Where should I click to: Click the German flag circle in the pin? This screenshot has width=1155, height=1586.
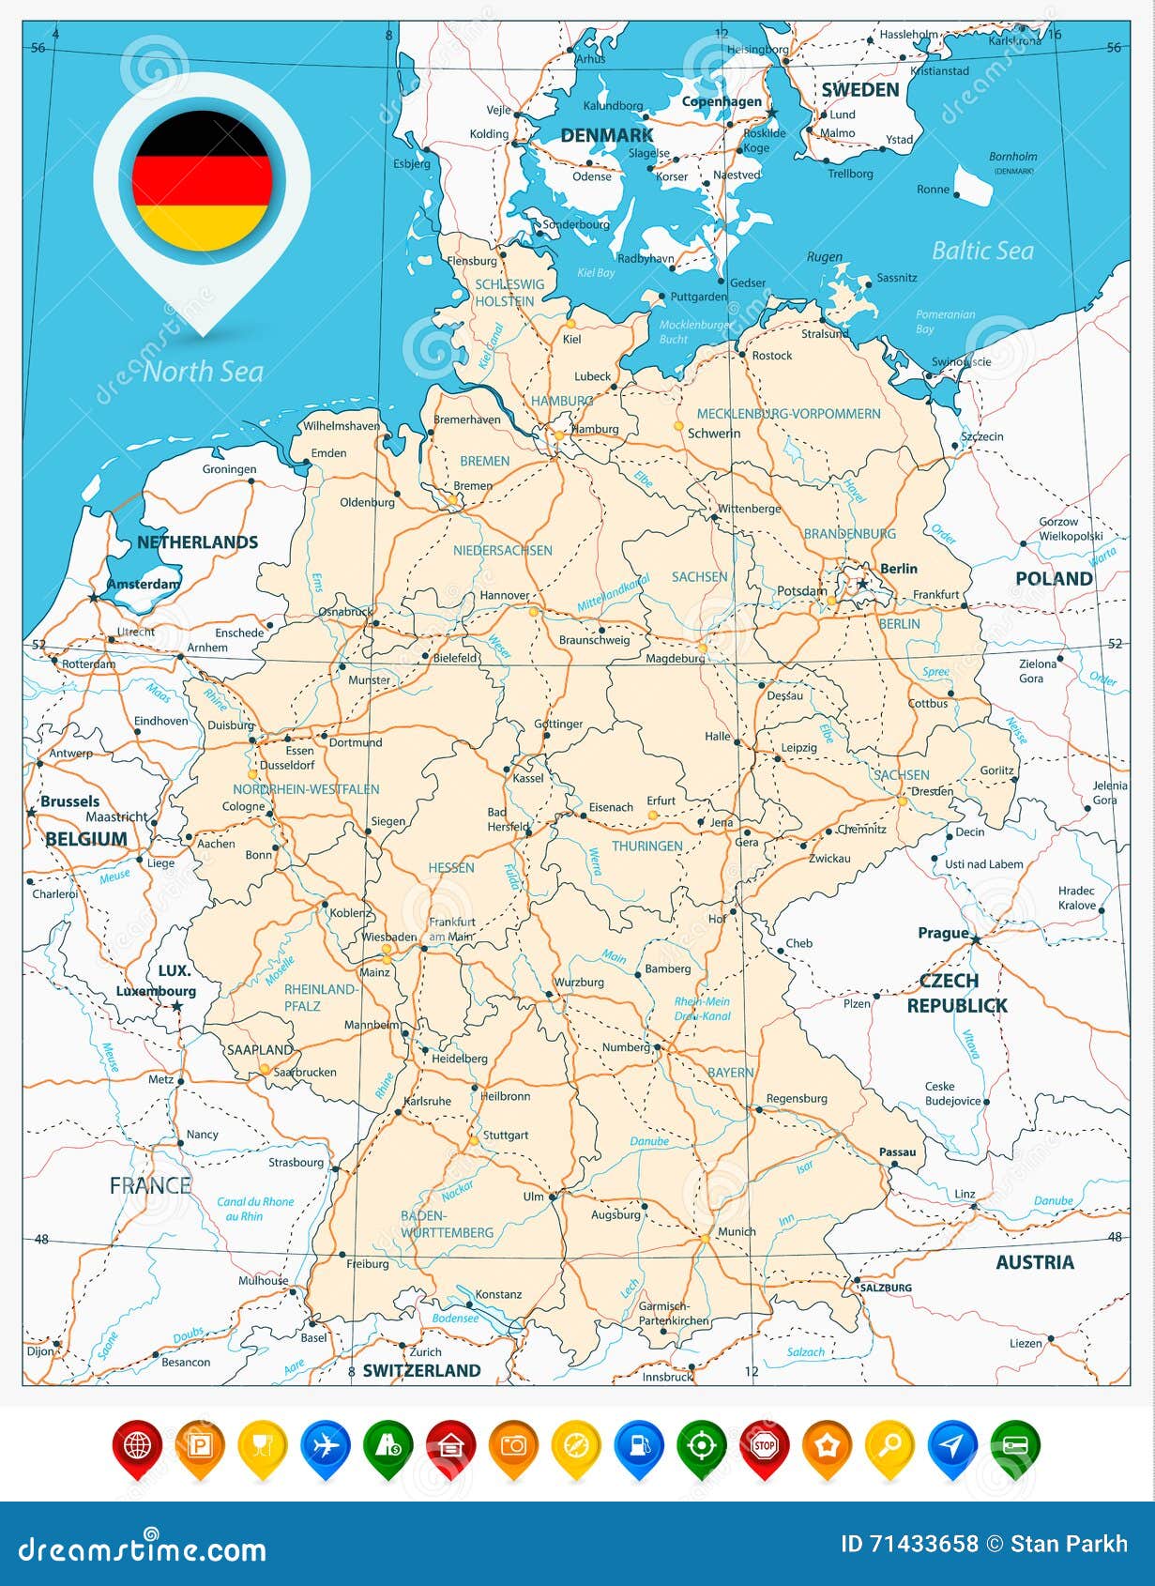[202, 180]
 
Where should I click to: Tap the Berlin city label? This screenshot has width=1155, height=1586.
[898, 569]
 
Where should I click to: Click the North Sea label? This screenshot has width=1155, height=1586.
[203, 372]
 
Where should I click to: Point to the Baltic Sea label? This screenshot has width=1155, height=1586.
[981, 251]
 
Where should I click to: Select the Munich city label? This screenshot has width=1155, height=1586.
[736, 1231]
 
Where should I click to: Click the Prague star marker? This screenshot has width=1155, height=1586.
[976, 939]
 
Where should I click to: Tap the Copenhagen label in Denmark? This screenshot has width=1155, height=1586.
[721, 101]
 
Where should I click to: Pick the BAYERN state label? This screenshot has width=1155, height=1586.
[730, 1073]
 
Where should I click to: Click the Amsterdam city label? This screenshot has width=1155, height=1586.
[143, 584]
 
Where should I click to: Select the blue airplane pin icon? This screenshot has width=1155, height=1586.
[325, 1445]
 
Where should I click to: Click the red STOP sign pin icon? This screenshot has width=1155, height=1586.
[764, 1445]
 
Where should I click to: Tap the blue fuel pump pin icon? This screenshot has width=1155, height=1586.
[639, 1445]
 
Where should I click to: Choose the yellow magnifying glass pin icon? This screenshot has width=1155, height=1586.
[889, 1445]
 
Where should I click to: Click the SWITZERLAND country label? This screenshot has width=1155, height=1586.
[421, 1370]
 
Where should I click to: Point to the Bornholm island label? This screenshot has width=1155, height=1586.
[1012, 157]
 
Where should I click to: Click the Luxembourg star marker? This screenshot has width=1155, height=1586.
[177, 1006]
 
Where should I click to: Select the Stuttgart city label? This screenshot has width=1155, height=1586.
[505, 1136]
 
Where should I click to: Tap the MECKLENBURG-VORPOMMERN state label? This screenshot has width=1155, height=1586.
[788, 414]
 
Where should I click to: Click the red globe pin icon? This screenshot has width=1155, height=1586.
[137, 1445]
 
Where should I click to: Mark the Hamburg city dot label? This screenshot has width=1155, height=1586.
[596, 429]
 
